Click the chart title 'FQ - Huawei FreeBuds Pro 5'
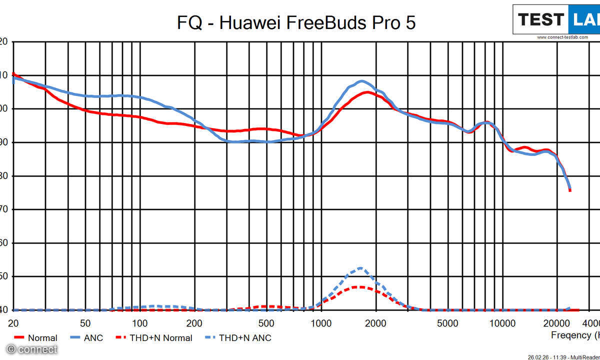coord(296,22)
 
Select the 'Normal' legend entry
coord(42,338)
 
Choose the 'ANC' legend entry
coord(93,338)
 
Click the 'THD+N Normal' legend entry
coord(160,338)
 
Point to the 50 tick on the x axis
coord(85,322)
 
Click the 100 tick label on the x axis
coord(139,322)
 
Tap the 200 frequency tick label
coord(194,322)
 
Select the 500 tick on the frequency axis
coord(266,322)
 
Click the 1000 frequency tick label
coord(320,322)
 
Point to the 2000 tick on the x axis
coord(375,322)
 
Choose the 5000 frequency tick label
coord(447,322)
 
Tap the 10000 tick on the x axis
coord(501,322)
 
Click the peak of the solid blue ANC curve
coord(361,81)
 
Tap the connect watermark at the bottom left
coord(32,349)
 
